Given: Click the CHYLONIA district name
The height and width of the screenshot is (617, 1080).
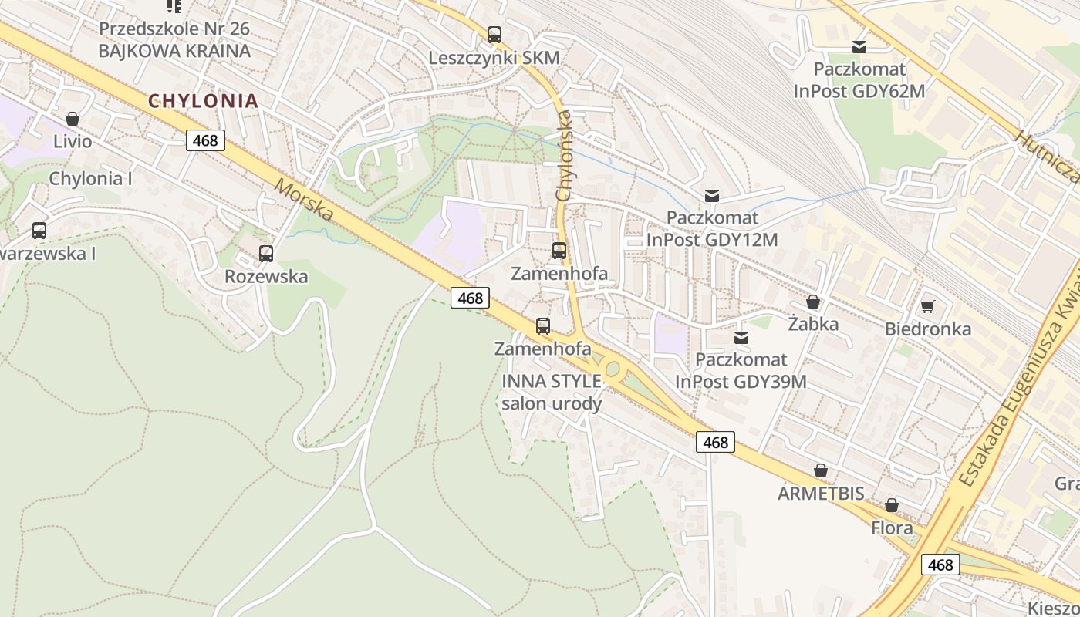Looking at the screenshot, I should point(203,100).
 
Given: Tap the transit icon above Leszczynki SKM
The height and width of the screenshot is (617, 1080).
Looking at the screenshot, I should point(494,35).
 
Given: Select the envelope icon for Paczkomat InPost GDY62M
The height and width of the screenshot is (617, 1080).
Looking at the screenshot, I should point(859,47).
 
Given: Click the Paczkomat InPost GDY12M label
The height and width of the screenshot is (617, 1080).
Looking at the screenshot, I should point(712,229).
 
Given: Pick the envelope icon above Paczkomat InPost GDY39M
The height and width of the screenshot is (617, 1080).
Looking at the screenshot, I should point(741,337).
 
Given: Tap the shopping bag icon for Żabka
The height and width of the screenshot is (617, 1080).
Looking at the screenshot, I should point(813,302).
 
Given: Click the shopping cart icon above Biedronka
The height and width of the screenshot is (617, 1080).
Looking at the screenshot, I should point(928,306).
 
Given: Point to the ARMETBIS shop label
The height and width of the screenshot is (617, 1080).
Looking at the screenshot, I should point(821,494).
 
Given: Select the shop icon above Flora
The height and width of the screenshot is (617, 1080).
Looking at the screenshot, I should point(892,505).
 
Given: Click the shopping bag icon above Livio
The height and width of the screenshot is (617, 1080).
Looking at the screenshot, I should point(73,119).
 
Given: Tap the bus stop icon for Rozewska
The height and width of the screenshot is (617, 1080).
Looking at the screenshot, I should point(266,253).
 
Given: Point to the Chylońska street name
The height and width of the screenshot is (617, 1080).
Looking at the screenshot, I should point(564,155).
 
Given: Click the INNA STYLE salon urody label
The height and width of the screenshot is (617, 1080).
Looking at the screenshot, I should point(552,392).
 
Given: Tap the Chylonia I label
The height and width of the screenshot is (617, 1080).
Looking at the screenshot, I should point(91,178).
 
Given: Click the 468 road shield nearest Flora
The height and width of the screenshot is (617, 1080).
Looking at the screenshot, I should point(940,565).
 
